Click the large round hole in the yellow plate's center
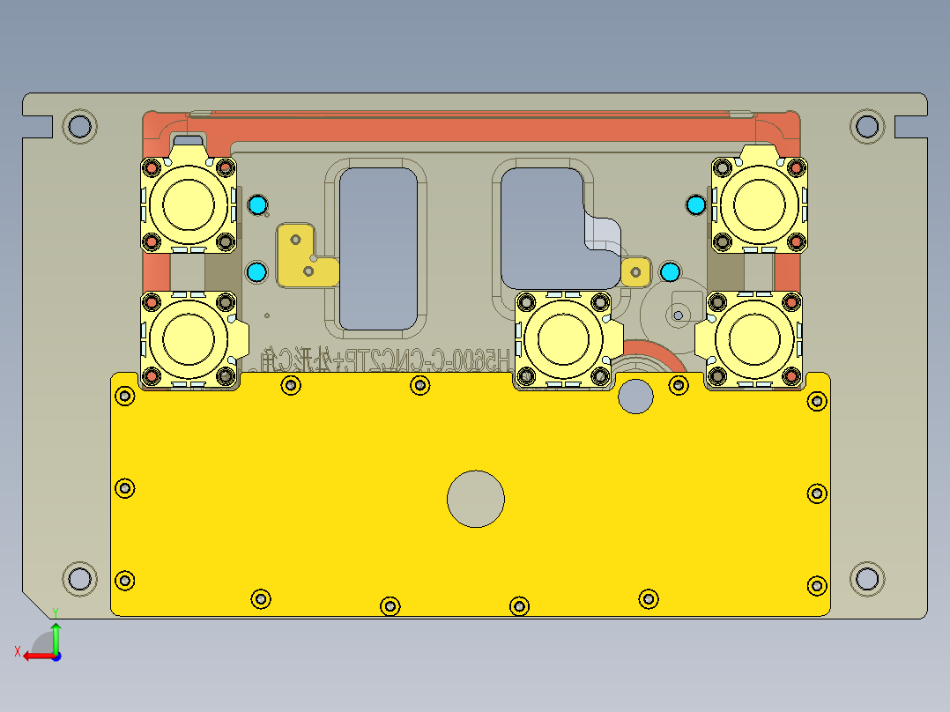point(476,498)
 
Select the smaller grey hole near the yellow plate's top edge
point(635,396)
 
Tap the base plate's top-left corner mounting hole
point(79,126)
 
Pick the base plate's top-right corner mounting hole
point(867,126)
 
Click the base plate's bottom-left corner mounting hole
point(79,579)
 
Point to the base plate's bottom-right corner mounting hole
point(867,579)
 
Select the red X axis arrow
point(35,655)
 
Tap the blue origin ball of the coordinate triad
point(56,656)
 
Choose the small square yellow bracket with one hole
point(635,271)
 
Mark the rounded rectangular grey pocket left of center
point(378,248)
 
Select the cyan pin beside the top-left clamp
point(257,205)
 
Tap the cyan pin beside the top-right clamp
point(695,205)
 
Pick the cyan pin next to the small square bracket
point(669,271)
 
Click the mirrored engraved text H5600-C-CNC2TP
point(414,360)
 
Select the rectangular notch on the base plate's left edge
point(38,127)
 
